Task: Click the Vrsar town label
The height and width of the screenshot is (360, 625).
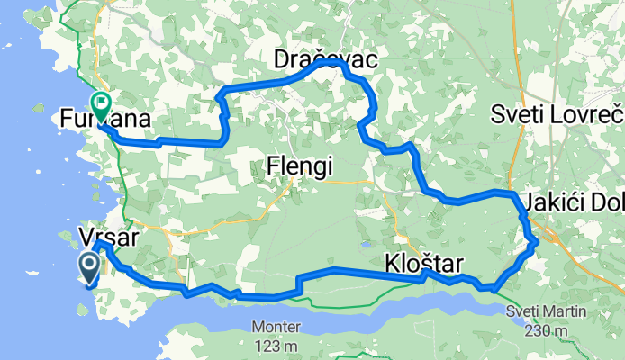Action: [110, 238]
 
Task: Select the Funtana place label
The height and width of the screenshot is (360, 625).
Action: [104, 118]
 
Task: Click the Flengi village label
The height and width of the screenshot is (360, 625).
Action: [300, 166]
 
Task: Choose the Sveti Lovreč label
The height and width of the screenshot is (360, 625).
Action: [557, 114]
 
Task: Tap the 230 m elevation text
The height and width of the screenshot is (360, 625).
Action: [546, 330]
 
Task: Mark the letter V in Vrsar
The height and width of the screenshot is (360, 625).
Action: [87, 238]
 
